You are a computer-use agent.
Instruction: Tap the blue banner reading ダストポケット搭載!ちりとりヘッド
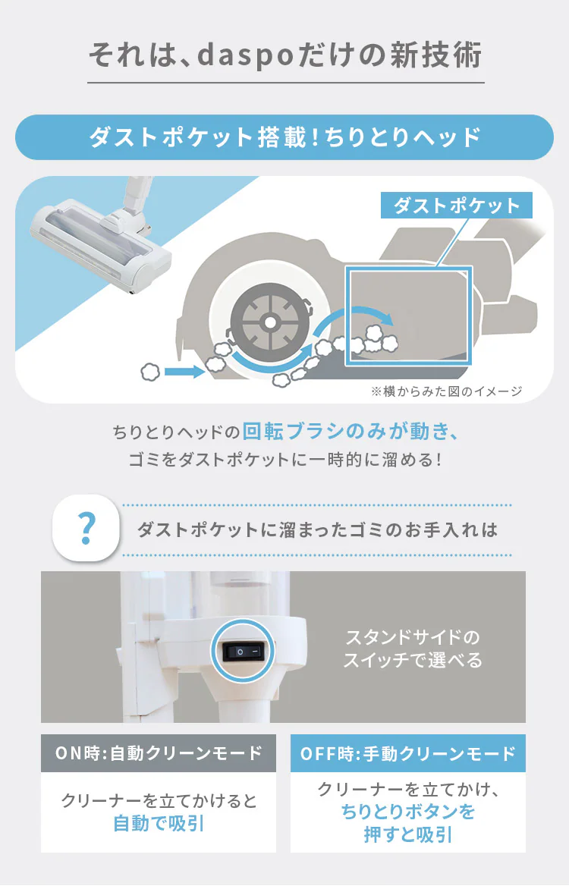pos(284,137)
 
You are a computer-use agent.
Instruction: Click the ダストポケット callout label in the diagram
pos(457,205)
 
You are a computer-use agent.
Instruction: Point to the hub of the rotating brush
pos(270,322)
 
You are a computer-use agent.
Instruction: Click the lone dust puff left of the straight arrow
pos(150,371)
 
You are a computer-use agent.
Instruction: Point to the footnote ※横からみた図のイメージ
pos(446,391)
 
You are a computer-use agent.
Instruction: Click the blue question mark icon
pos(86,528)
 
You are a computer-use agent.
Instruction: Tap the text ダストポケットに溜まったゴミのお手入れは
pos(317,530)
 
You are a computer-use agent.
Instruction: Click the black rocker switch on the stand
pos(243,652)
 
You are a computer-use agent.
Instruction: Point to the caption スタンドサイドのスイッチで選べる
pos(413,649)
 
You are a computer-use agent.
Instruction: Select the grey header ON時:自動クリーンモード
pos(159,753)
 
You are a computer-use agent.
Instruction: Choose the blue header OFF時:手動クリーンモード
pos(408,753)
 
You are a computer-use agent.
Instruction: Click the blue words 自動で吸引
pos(159,823)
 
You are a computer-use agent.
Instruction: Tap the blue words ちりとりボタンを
pos(408,812)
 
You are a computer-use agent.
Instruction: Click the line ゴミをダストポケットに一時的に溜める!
pos(284,460)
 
